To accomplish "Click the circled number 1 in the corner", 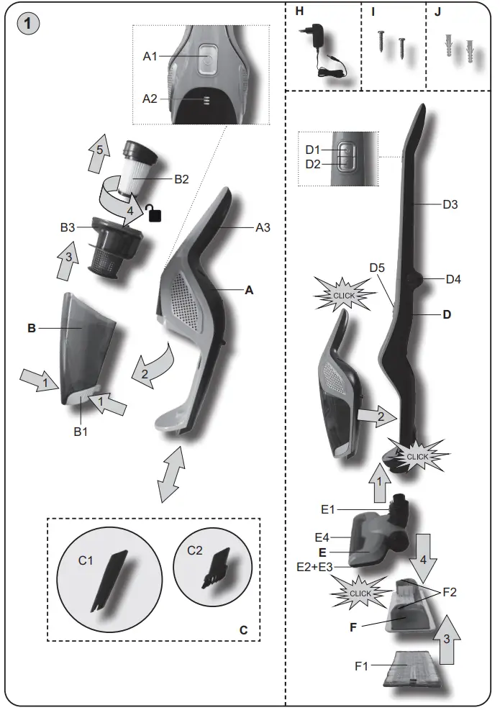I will [x=27, y=23].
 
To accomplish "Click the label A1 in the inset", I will [x=150, y=56].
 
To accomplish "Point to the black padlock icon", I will [x=152, y=212].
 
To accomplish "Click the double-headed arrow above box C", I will [x=171, y=473].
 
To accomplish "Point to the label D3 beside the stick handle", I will [x=450, y=204].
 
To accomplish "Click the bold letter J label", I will [x=439, y=12].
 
